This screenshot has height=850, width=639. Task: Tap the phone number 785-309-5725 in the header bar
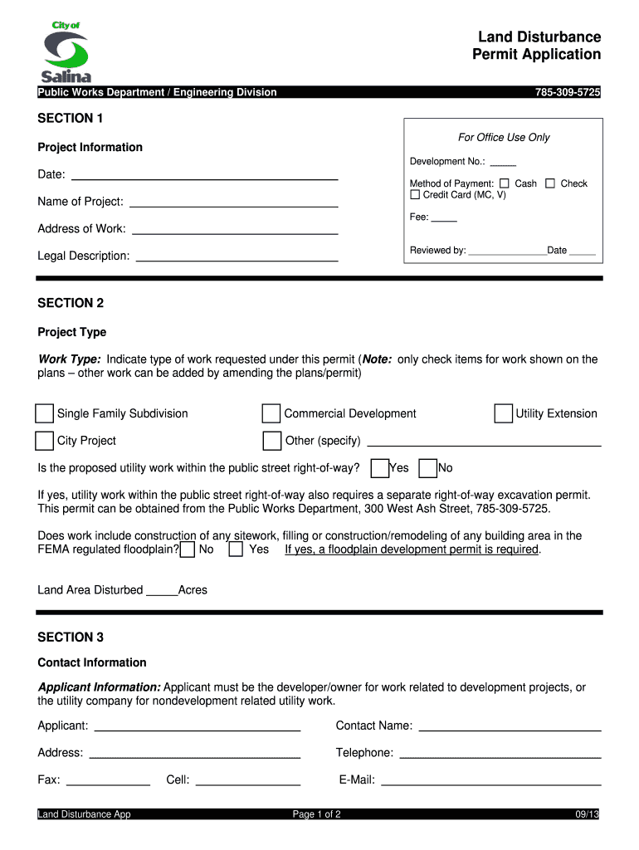click(x=568, y=92)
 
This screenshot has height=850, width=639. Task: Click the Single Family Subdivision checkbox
click(x=44, y=413)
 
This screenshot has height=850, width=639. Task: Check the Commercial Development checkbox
click(x=271, y=413)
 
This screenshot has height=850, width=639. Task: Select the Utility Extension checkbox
click(x=503, y=413)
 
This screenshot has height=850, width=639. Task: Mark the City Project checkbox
click(x=44, y=440)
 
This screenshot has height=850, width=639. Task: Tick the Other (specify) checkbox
click(x=271, y=440)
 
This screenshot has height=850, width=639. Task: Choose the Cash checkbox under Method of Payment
click(x=505, y=183)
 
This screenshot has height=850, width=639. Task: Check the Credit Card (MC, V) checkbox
click(x=416, y=195)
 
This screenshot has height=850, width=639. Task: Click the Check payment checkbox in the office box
click(x=550, y=183)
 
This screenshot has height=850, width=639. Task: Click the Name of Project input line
click(x=234, y=201)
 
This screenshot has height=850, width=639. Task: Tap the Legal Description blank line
click(x=237, y=256)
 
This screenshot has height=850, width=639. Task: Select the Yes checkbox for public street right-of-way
click(x=379, y=468)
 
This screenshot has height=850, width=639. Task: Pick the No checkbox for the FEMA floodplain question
click(x=188, y=549)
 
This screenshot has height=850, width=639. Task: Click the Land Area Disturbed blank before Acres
click(x=162, y=590)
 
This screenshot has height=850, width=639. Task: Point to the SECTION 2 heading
click(x=71, y=303)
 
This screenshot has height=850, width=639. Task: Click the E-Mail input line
click(x=490, y=779)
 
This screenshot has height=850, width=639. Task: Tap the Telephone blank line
click(x=500, y=753)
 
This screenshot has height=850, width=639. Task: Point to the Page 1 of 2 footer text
click(x=317, y=814)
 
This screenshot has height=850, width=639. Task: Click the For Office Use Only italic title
click(x=504, y=137)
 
